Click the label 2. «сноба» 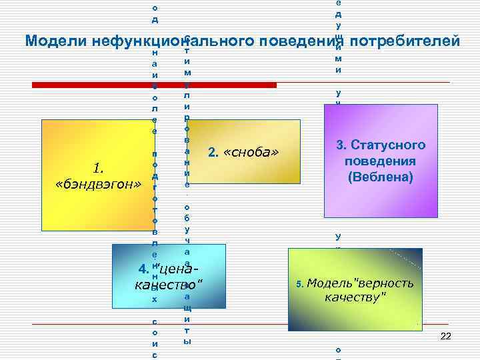click(x=243, y=153)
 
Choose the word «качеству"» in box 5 click(x=355, y=297)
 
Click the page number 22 click(x=446, y=337)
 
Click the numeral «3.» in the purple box click(x=342, y=145)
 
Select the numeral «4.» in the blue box click(x=143, y=269)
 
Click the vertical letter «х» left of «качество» click(x=155, y=300)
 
